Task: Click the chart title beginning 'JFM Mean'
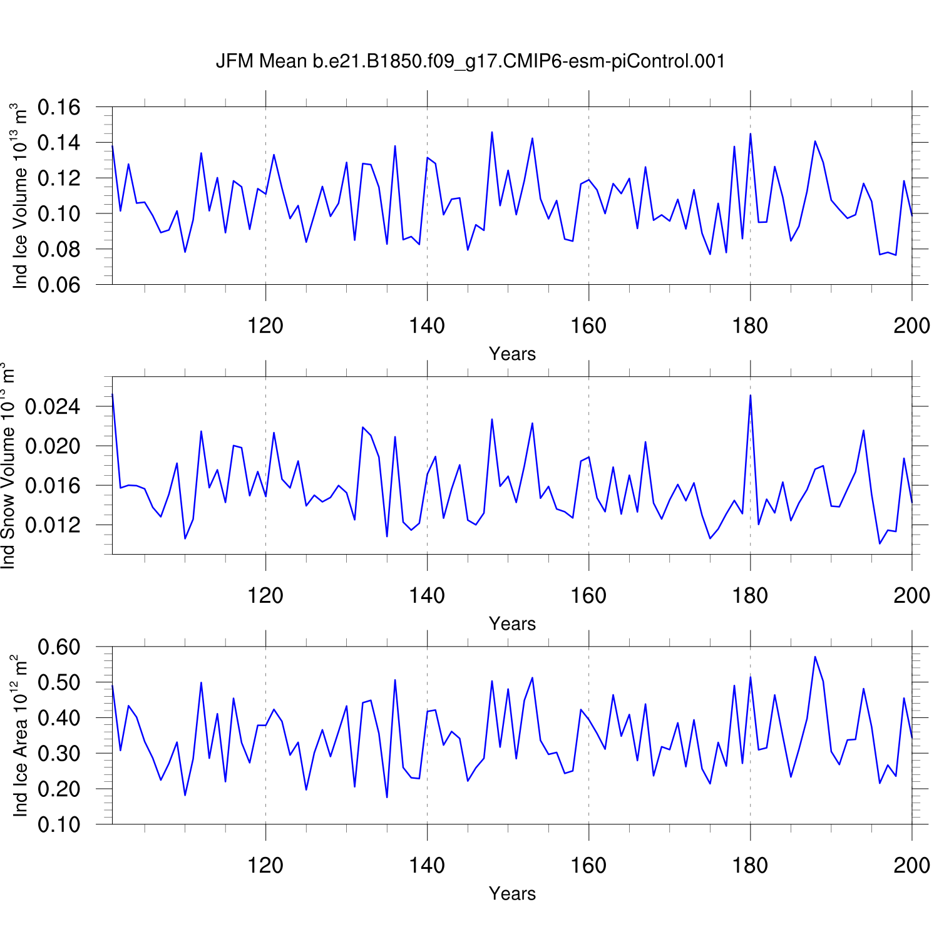470,61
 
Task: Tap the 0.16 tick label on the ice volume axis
59,107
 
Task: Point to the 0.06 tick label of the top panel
59,285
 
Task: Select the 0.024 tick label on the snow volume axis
53,407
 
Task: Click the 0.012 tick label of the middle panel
53,525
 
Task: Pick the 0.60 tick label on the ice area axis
59,647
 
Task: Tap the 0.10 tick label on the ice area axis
59,824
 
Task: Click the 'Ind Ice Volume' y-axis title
20,196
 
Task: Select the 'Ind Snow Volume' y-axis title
8,465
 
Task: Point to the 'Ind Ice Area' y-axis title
20,736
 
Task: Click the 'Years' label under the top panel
512,354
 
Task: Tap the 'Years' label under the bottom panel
512,894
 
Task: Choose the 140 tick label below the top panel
427,326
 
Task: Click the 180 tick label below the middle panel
750,595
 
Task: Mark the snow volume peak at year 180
750,395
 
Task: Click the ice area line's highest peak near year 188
815,657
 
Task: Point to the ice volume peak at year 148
492,132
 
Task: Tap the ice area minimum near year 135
387,797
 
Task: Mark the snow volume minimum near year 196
880,543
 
